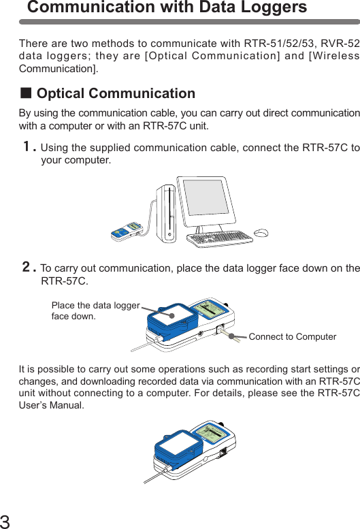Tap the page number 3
(x=5, y=522)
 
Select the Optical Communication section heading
(x=116, y=93)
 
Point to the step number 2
(x=28, y=268)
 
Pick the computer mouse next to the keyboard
(x=262, y=235)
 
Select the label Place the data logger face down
(x=95, y=311)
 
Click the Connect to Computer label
(x=292, y=337)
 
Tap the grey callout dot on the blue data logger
(x=172, y=315)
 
